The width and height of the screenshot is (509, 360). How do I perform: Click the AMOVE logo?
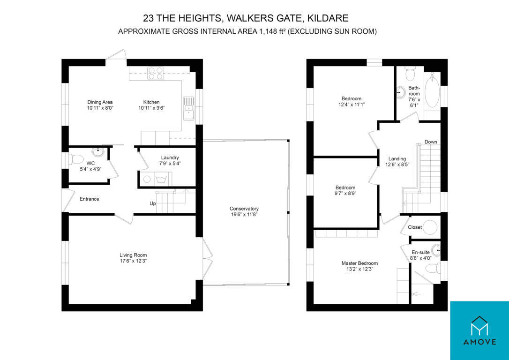[479, 330]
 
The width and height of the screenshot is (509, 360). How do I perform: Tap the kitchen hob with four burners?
[156, 74]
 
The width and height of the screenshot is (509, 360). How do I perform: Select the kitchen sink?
[188, 108]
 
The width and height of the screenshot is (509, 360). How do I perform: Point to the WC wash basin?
[97, 151]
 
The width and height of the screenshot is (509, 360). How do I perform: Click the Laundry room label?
[170, 158]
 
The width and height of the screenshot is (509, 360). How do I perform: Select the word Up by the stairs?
[153, 203]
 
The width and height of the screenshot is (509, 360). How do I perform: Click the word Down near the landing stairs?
[431, 142]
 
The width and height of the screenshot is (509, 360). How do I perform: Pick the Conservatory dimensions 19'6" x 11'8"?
[244, 214]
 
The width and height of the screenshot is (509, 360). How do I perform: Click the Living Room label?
[133, 255]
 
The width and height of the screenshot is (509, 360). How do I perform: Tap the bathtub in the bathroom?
[432, 90]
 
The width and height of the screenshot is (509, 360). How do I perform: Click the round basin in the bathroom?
[401, 92]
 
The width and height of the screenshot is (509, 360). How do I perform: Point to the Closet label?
[415, 227]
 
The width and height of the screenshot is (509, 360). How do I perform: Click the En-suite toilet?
[432, 269]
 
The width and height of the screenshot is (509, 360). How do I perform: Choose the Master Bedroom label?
[359, 263]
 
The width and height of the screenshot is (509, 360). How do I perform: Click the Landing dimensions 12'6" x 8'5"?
[397, 164]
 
